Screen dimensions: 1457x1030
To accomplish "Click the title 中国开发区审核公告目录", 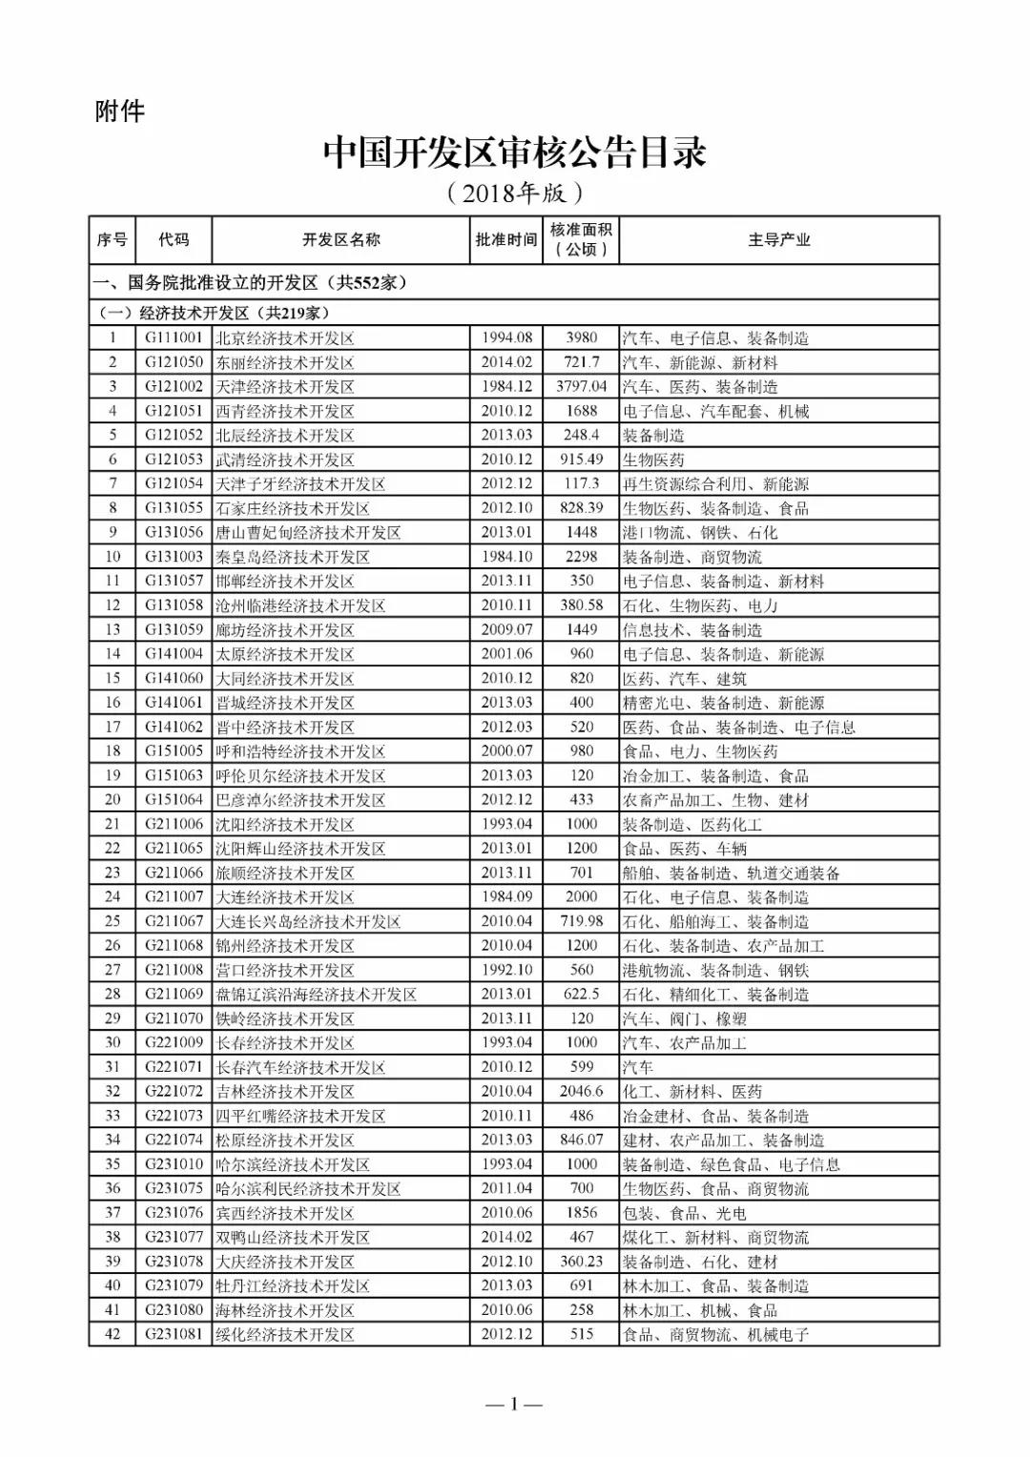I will (514, 153).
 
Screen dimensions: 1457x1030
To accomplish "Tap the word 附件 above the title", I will (120, 112).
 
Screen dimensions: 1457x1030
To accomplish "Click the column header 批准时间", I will (506, 240).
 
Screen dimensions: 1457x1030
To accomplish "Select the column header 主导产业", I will (778, 240).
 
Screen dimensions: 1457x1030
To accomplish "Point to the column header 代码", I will (174, 240).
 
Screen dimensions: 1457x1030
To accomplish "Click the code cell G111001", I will (174, 338).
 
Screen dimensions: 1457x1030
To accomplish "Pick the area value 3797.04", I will (581, 386).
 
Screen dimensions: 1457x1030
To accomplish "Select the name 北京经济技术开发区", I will (285, 338).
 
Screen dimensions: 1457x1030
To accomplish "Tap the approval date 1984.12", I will (506, 386).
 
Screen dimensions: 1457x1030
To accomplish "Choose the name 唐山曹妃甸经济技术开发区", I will (308, 532).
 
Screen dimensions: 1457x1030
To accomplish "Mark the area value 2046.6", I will (581, 1091).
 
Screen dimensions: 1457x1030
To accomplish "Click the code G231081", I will (174, 1334).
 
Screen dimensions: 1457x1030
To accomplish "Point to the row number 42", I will (113, 1334).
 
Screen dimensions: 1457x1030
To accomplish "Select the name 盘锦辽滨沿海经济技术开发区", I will (316, 994).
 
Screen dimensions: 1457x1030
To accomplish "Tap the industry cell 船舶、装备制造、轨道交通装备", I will (731, 872).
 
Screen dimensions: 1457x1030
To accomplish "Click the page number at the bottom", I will (514, 1404).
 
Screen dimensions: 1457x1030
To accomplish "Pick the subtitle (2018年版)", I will (514, 194).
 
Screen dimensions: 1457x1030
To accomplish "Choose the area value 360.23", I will (581, 1261).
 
